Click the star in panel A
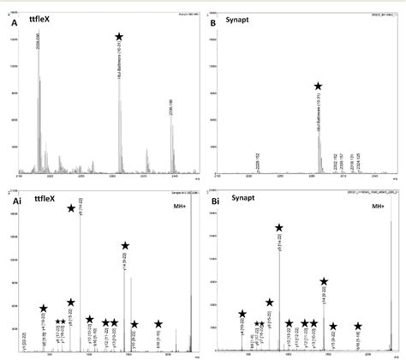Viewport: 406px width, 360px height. click(x=119, y=38)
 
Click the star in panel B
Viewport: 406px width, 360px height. click(x=318, y=87)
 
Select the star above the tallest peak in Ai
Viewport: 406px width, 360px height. click(x=72, y=207)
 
